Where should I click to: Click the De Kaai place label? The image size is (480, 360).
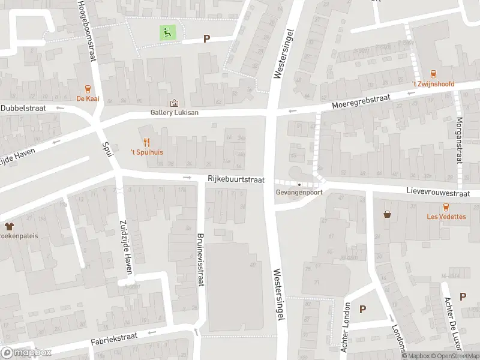tap(88, 99)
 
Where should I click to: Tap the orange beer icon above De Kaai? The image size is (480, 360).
tap(88, 88)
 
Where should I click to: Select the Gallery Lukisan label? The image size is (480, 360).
tap(174, 112)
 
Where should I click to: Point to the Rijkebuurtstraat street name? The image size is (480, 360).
tap(236, 179)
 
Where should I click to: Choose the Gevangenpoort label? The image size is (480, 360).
tap(299, 193)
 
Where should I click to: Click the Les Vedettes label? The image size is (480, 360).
tap(446, 217)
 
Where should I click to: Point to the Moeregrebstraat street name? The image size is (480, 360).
tap(361, 103)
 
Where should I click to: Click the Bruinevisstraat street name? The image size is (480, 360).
tap(201, 259)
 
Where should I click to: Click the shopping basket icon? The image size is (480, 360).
tap(388, 214)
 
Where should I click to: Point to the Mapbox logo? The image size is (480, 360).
tap(26, 352)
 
